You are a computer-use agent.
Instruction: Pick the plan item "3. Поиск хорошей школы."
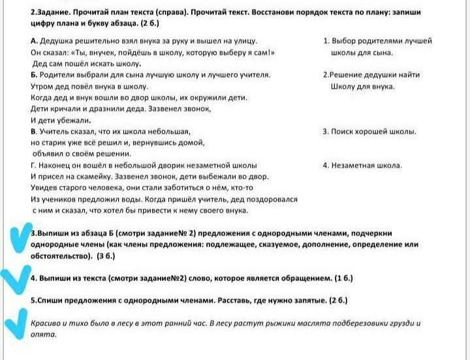(x=369, y=131)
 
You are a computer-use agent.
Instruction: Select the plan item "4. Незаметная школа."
(x=362, y=166)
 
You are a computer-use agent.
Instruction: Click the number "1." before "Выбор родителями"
(x=326, y=40)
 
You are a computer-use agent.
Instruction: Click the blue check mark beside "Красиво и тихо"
(x=13, y=326)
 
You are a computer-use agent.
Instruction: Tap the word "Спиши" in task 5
(x=51, y=301)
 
